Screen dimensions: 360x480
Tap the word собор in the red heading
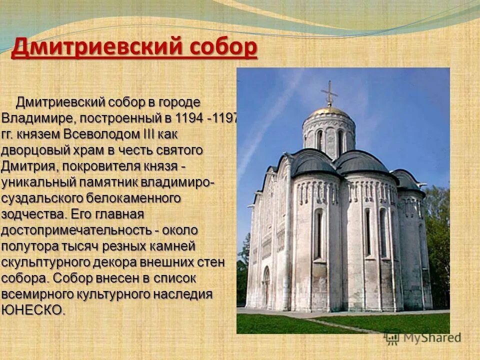[x=223, y=48]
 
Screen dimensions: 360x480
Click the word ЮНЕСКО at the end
[x=33, y=309]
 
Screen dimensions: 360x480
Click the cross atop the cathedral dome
[x=329, y=93]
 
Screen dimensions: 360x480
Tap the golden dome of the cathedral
[x=328, y=111]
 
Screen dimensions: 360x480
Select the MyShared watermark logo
[x=422, y=337]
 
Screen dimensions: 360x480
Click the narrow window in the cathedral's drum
[x=340, y=142]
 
